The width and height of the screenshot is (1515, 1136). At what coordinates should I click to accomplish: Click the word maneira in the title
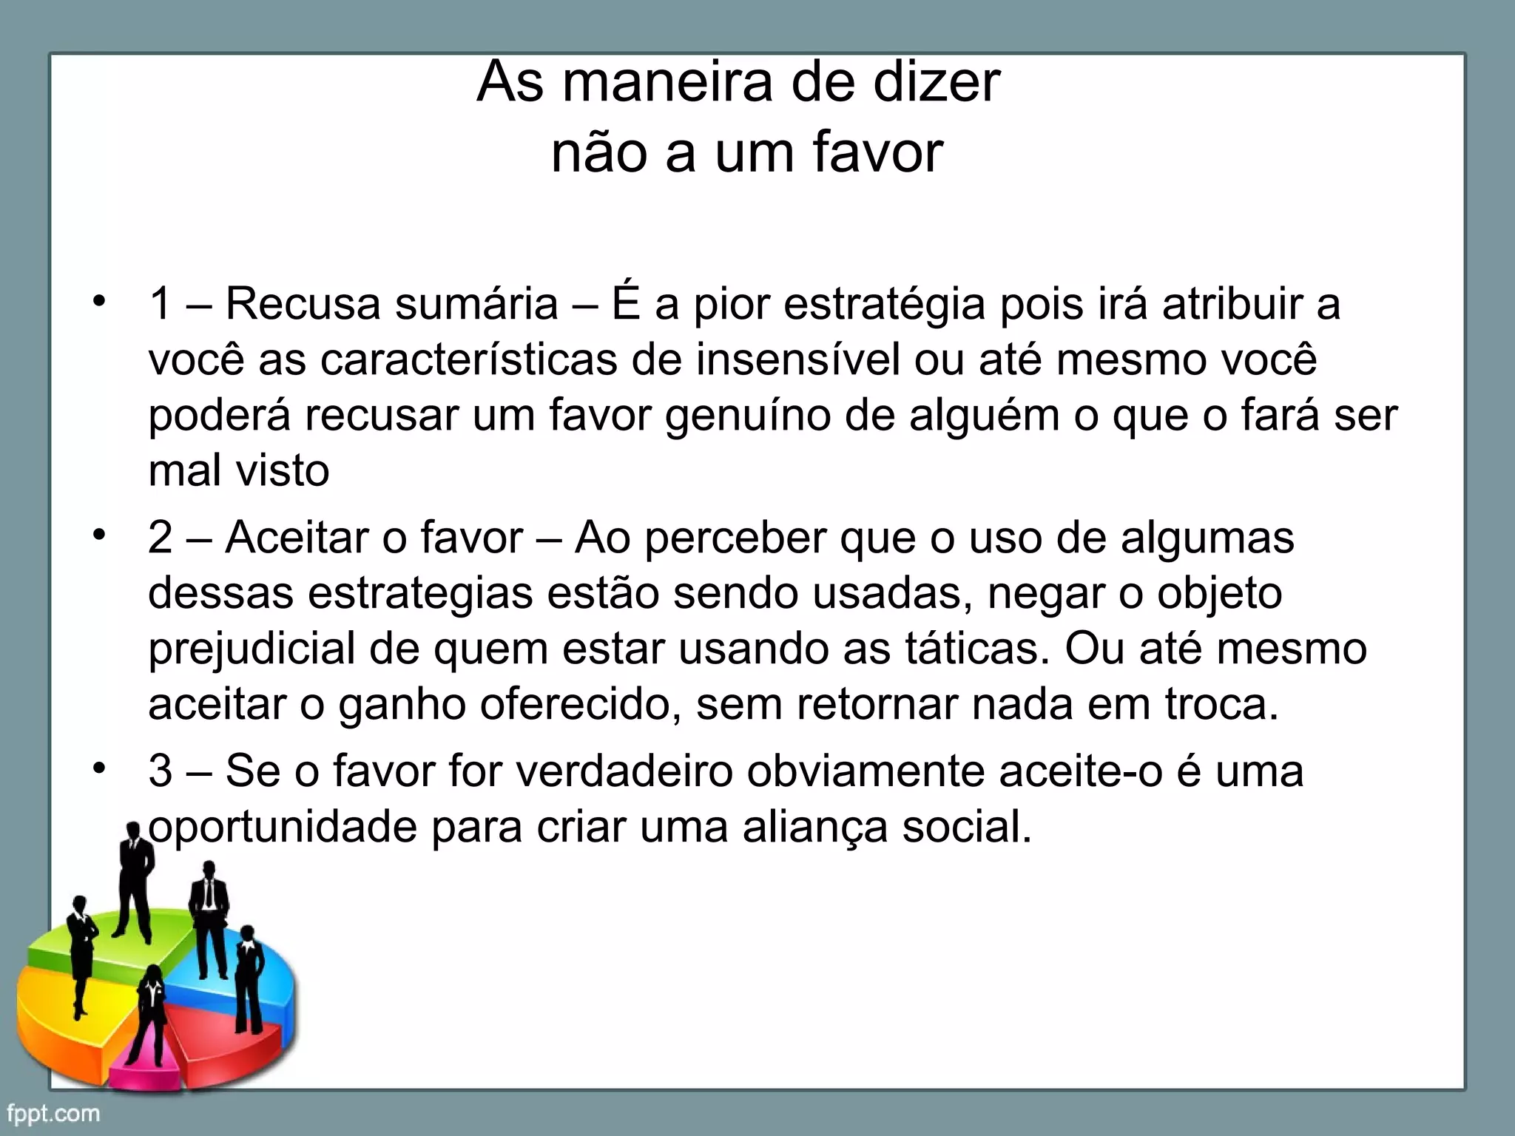point(669,82)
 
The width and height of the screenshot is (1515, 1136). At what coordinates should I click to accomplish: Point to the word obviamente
point(865,771)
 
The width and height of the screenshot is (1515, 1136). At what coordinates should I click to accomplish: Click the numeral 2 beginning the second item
point(161,538)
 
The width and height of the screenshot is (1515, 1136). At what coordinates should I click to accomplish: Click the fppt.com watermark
point(53,1113)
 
